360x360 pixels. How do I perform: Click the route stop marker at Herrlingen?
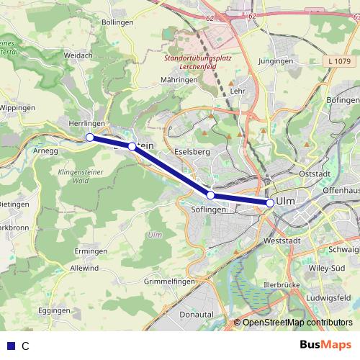90,137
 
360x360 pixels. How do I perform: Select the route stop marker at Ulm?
270,203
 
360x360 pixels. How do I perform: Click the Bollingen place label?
118,22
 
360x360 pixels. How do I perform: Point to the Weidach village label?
78,55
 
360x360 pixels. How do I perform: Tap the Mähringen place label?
179,79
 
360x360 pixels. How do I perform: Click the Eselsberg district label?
192,152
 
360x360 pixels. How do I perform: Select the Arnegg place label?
45,150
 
